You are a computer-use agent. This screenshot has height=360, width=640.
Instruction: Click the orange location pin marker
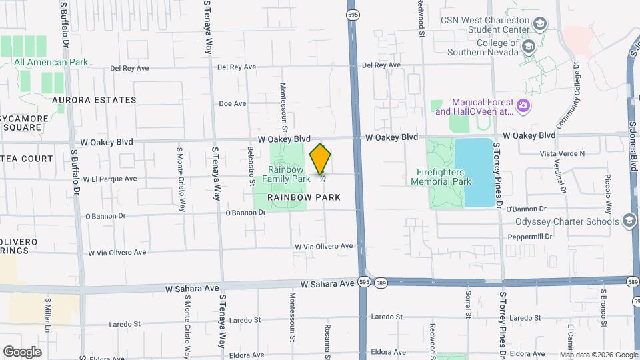[x=321, y=159]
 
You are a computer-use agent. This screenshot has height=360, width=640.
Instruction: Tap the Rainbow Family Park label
[x=285, y=174]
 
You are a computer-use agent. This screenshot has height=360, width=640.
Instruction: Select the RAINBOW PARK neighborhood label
[x=304, y=197]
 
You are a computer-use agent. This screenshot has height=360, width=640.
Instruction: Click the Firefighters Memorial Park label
[x=441, y=177]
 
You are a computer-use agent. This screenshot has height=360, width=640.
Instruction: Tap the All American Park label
[x=51, y=63]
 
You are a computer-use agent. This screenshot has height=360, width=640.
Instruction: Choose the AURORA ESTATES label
[x=94, y=100]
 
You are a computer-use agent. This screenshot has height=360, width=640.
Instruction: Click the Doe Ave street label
[x=233, y=104]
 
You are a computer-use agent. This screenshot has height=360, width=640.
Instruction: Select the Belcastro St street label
[x=251, y=166]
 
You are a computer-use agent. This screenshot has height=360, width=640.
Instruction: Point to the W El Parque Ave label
[x=110, y=179]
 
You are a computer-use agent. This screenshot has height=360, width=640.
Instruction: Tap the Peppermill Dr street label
[x=531, y=237]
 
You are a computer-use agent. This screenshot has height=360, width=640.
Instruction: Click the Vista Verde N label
[x=561, y=153]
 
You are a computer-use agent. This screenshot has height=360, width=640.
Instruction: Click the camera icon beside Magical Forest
[x=524, y=105]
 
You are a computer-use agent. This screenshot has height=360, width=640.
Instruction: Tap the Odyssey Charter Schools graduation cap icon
[x=628, y=221]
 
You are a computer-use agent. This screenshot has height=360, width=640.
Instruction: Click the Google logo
[x=22, y=351]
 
